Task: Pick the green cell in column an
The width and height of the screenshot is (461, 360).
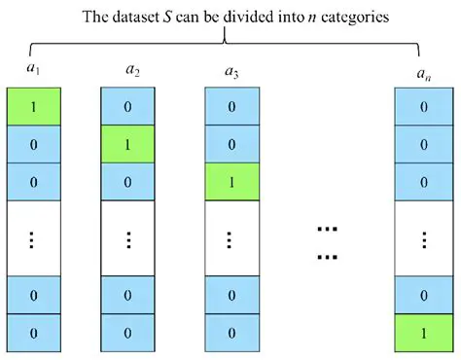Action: pos(423,334)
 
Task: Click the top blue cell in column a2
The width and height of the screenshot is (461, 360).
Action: pos(128,105)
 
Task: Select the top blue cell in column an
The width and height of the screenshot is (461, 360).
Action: pos(423,105)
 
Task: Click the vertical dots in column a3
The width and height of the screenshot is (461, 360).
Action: pos(231,239)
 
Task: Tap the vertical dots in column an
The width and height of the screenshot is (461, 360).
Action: pos(423,239)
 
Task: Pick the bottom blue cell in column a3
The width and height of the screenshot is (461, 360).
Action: pos(231,334)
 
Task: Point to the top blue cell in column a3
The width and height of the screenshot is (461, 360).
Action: pos(231,105)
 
